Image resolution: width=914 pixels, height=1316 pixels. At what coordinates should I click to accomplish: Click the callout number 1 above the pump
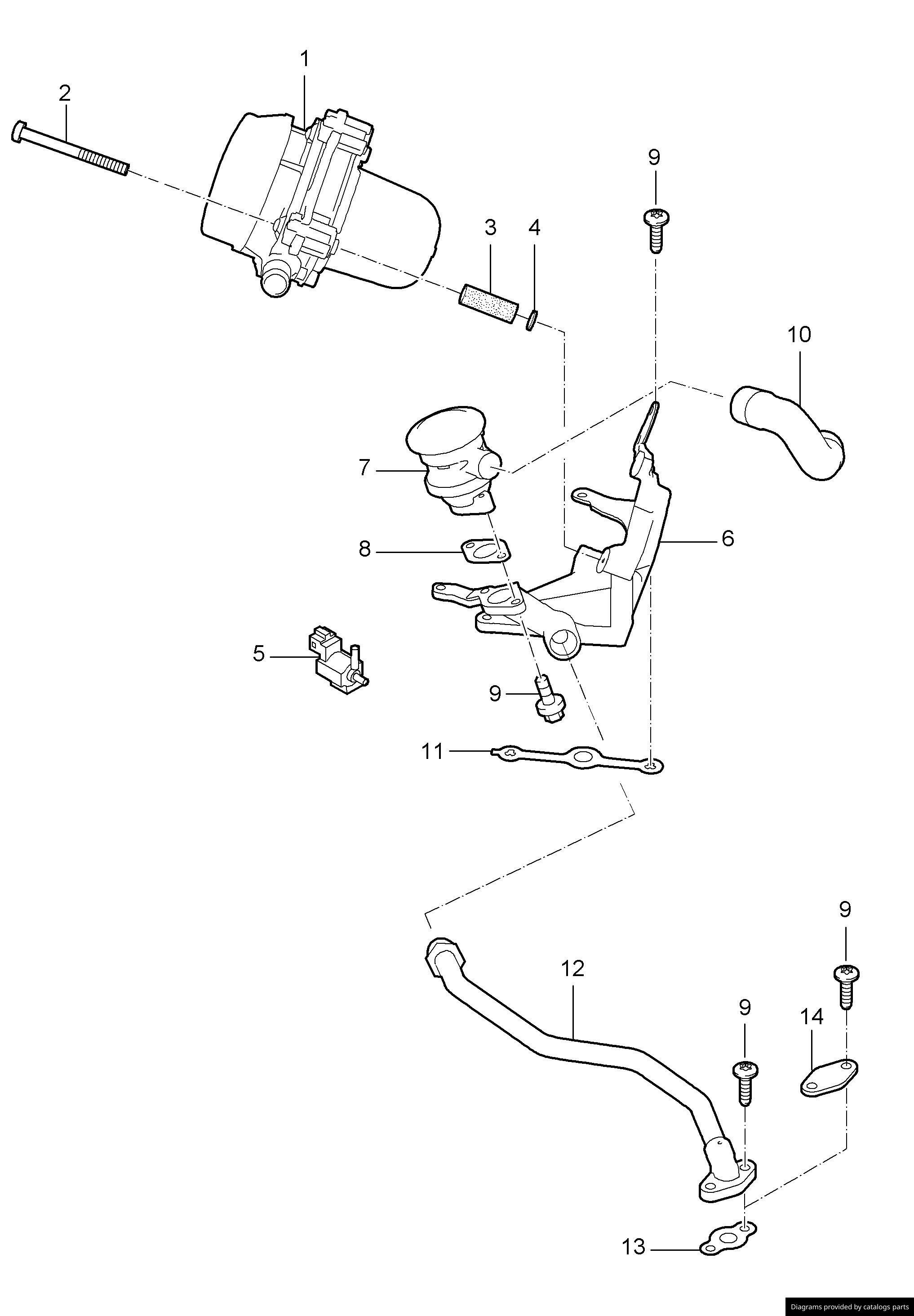pos(305,58)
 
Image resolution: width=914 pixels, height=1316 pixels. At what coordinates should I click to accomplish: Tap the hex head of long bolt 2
pos(19,132)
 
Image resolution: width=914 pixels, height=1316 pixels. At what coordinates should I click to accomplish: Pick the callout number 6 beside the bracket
pos(728,539)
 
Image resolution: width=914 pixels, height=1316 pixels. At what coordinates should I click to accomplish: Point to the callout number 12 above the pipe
pos(572,968)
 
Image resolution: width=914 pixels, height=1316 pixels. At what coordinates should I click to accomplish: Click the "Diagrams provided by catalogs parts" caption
pos(849,1307)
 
